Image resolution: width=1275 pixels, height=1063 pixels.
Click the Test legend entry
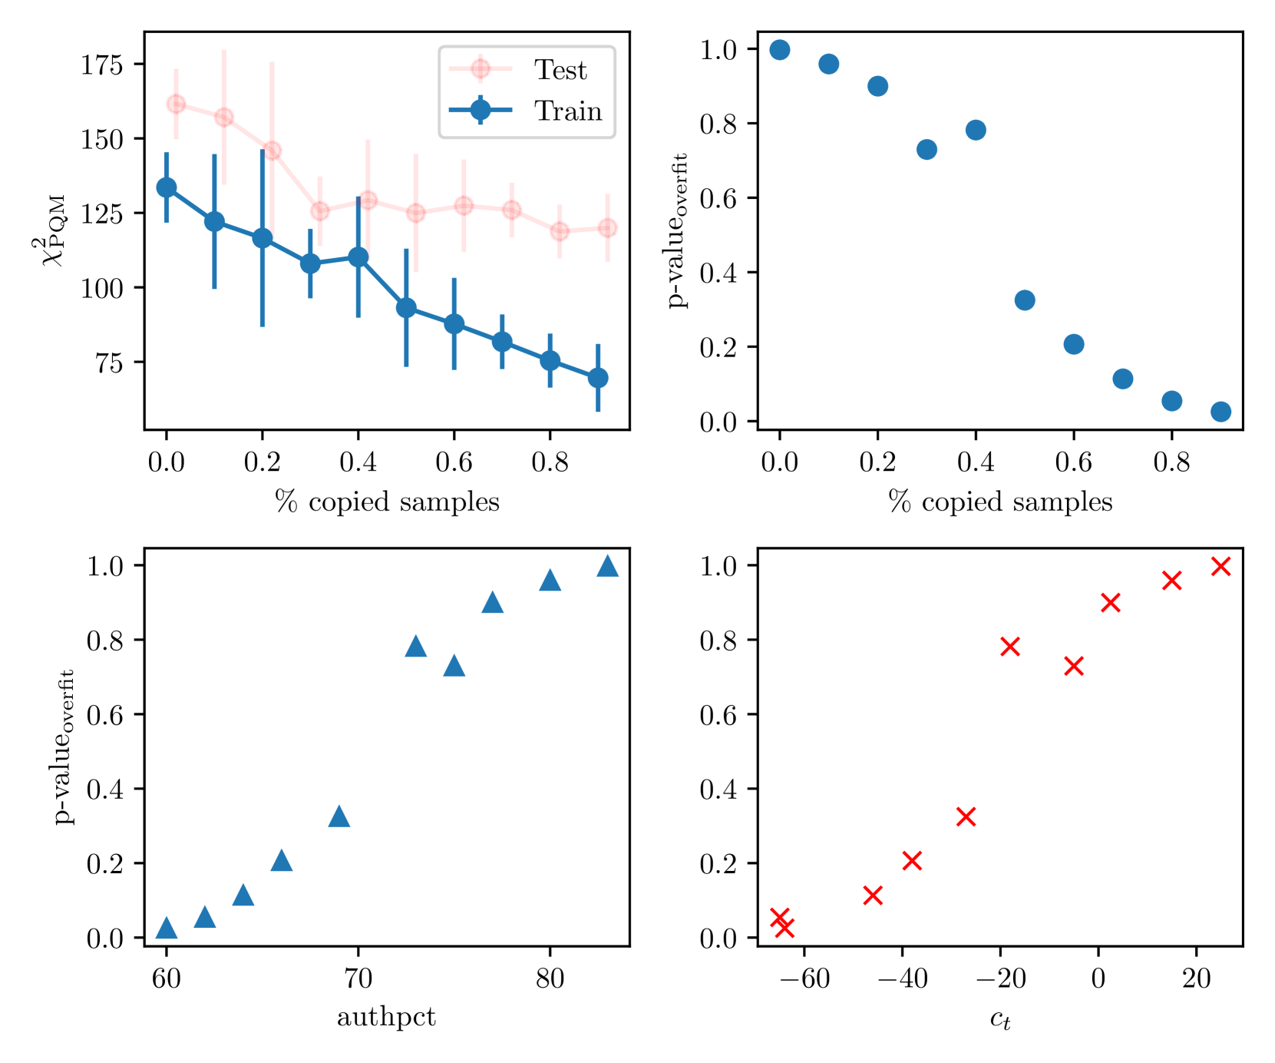(x=560, y=70)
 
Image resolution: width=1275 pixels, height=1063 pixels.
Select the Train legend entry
(x=567, y=111)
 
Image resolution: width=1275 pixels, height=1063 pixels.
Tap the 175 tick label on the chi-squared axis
(x=102, y=65)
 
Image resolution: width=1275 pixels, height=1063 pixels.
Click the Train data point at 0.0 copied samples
(x=167, y=187)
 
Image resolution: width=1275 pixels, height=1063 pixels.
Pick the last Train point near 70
(x=598, y=378)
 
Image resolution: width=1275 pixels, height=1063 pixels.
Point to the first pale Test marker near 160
(x=176, y=104)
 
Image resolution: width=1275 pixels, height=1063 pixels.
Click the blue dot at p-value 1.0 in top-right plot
(x=780, y=50)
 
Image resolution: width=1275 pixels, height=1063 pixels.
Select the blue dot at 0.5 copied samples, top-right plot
(x=1025, y=300)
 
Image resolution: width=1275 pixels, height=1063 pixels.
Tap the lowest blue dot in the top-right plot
(x=1220, y=412)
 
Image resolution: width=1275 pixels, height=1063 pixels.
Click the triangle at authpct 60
(x=167, y=929)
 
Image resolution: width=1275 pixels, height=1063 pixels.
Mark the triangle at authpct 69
(x=339, y=817)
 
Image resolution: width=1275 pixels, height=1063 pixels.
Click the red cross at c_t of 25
(x=1220, y=567)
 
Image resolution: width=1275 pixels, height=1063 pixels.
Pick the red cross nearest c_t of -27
(x=966, y=816)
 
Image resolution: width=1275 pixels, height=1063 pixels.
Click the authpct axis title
(x=386, y=1018)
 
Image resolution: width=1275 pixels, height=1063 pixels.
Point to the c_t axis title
(x=999, y=1019)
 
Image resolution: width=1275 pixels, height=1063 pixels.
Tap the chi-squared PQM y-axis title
(x=52, y=230)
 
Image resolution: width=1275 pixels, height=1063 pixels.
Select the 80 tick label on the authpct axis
(x=550, y=979)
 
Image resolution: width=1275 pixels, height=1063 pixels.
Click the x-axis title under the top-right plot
(x=999, y=502)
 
